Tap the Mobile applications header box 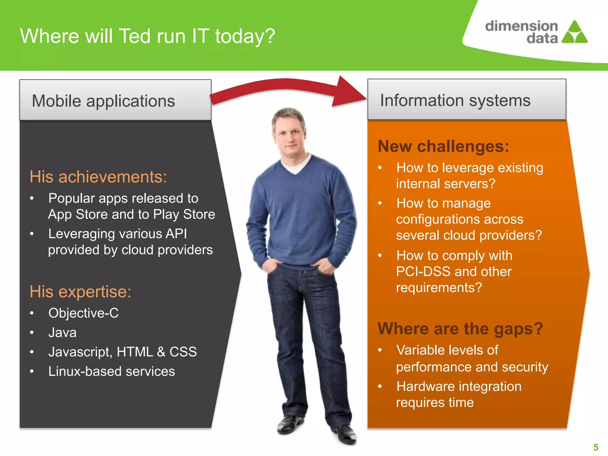(x=115, y=100)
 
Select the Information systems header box (x=467, y=100)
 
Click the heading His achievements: (x=98, y=177)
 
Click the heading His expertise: (x=80, y=292)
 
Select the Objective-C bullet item (x=83, y=313)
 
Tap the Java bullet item (x=62, y=332)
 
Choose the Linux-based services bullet (x=112, y=371)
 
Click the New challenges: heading (x=443, y=146)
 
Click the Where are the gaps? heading (x=460, y=329)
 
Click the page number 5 (x=596, y=447)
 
